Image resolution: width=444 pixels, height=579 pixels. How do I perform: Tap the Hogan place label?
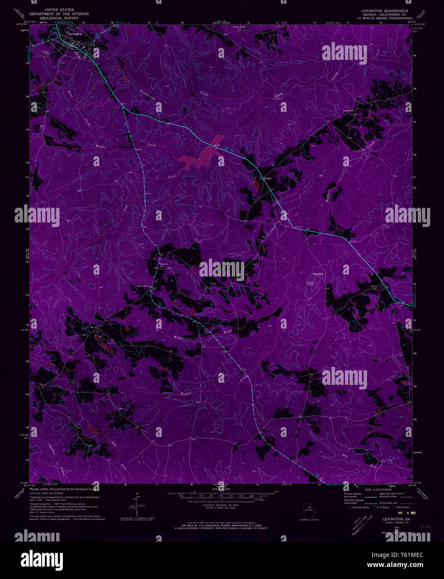tap(267, 178)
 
